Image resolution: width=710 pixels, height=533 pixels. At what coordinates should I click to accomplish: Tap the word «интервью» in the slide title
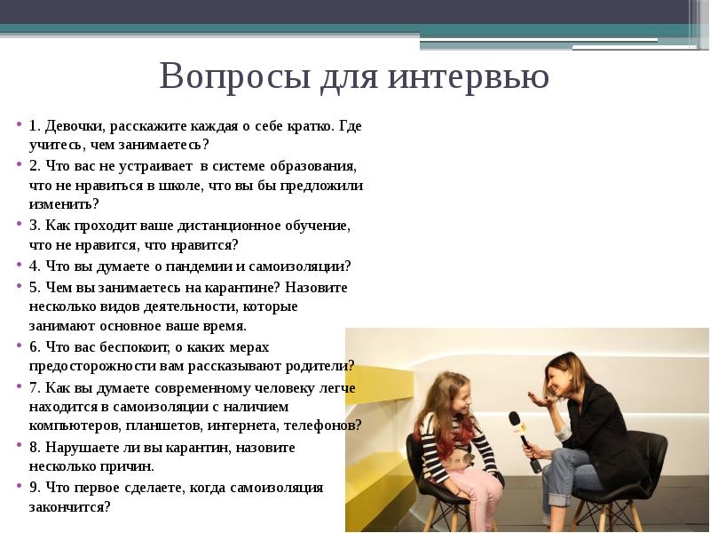[x=469, y=76]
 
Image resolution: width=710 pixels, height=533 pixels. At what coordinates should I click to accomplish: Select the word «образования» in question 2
[x=313, y=166]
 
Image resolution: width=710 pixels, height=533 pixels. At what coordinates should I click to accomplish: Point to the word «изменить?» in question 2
[x=64, y=204]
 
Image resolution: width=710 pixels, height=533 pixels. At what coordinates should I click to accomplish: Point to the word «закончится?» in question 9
[x=70, y=506]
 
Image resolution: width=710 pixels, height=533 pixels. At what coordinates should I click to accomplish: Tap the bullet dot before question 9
[x=19, y=485]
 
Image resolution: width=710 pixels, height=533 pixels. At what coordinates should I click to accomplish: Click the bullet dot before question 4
[x=19, y=264]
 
